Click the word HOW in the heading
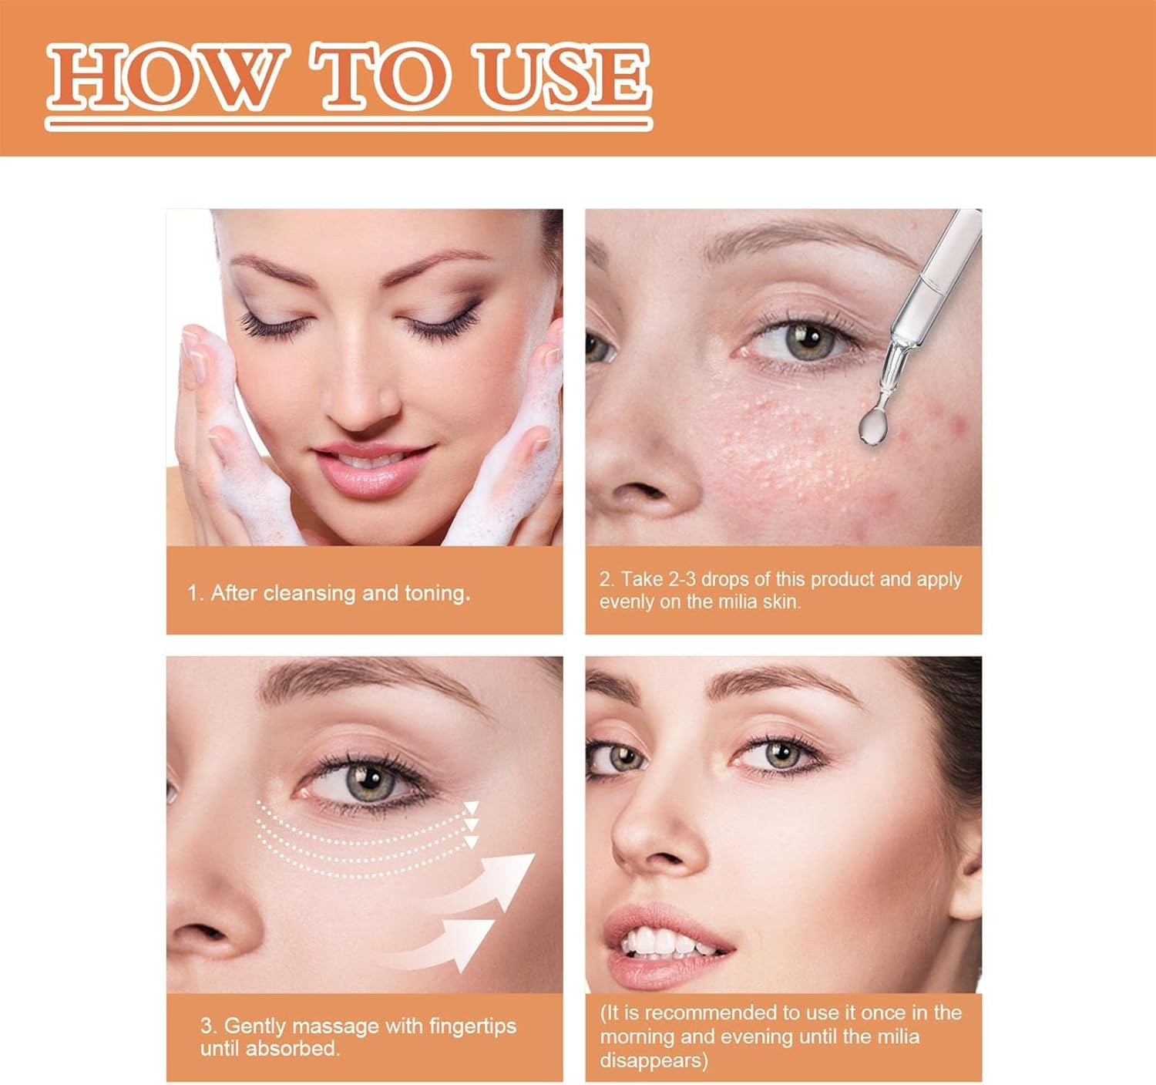pyautogui.click(x=168, y=78)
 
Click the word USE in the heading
pyautogui.click(x=563, y=78)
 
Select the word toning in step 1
pyautogui.click(x=437, y=593)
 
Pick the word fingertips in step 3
pyautogui.click(x=472, y=1026)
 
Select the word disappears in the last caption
pyautogui.click(x=654, y=1061)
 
